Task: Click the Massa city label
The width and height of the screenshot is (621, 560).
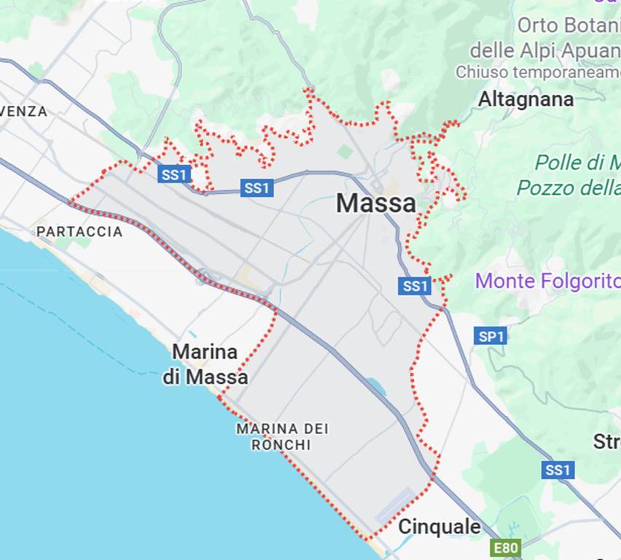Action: coord(375,203)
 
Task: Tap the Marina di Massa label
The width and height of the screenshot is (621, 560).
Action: coord(205,365)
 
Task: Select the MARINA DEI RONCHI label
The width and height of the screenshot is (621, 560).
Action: coord(282,436)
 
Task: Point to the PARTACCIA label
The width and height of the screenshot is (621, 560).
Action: coord(79,231)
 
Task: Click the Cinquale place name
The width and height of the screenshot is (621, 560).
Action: coord(439,526)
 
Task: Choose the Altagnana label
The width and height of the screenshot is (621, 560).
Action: coord(526,99)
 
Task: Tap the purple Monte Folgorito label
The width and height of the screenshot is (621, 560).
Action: coord(547,281)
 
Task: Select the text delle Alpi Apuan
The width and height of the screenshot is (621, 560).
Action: coord(544,50)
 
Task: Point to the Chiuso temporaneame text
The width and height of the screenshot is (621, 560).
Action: coord(538,72)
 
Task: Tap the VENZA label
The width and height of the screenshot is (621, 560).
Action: coord(24,112)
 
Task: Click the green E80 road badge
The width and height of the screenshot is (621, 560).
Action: coord(505,548)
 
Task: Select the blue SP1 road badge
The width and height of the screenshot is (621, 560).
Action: coord(490,336)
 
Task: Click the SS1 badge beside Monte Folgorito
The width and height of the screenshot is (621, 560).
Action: coord(415,286)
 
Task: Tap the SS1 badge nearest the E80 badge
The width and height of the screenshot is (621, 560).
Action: coord(558,470)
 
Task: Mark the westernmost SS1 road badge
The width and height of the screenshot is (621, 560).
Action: coord(174,174)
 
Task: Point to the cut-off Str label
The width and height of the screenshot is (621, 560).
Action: coord(607,441)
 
